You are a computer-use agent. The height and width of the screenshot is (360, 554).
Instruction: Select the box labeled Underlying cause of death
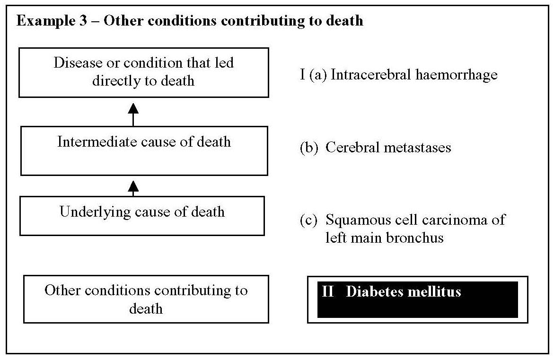click(x=142, y=216)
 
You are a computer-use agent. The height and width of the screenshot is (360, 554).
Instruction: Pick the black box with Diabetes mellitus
click(x=417, y=299)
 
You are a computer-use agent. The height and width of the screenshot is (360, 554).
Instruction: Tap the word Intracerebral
click(x=367, y=75)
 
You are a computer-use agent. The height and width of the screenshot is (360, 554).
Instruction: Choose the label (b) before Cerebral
click(x=309, y=148)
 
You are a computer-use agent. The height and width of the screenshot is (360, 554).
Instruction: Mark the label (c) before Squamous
click(x=309, y=220)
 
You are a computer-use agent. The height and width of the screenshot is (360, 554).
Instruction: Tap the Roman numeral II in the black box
click(x=328, y=291)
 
